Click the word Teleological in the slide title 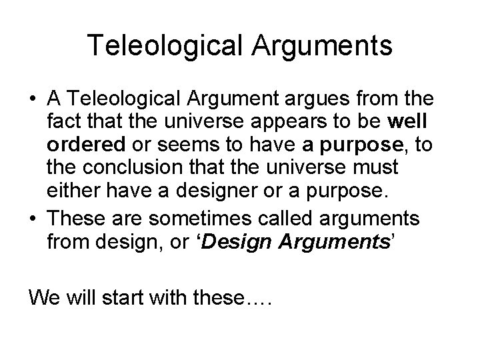[155, 46]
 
